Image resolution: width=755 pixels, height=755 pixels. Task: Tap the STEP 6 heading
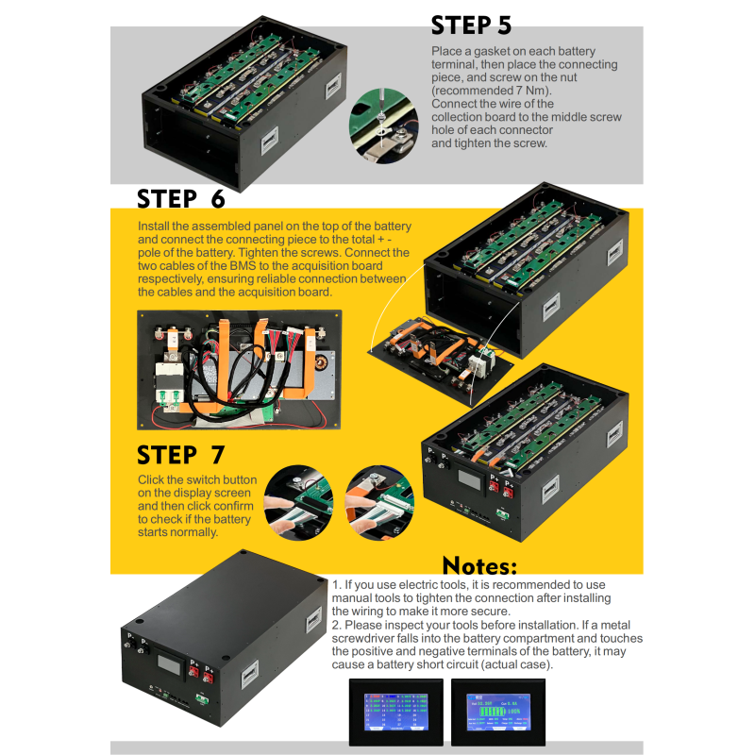(x=181, y=198)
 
